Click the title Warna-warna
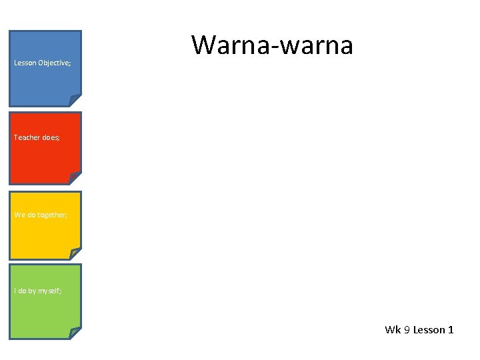tap(272, 45)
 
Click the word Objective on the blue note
tap(54, 63)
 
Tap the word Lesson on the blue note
tap(25, 63)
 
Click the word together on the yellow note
tap(53, 215)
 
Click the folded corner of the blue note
tap(75, 100)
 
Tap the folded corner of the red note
tap(75, 177)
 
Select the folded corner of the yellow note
tap(75, 253)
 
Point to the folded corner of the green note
tap(75, 332)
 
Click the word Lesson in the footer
tap(429, 330)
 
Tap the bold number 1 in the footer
tap(451, 330)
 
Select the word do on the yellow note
tap(31, 215)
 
